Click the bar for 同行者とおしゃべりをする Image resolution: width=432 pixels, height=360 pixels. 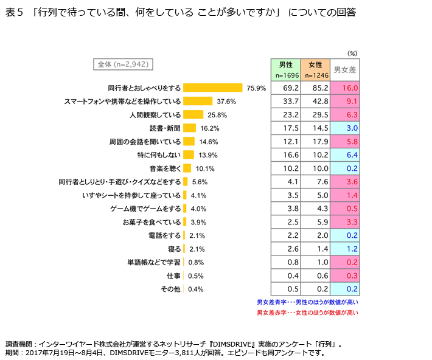[212, 88]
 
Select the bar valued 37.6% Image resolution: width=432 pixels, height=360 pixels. [198, 101]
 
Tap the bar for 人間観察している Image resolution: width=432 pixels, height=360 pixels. [193, 114]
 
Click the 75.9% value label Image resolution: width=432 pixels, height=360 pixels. [256, 88]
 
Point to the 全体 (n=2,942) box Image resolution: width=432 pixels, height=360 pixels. [124, 63]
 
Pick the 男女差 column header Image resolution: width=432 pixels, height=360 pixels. [344, 70]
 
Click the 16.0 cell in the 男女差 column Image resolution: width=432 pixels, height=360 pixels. [344, 88]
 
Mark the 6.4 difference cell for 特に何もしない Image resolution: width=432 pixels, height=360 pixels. [344, 155]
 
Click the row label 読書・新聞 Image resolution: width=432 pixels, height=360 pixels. [165, 128]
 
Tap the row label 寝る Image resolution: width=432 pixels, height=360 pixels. [173, 249]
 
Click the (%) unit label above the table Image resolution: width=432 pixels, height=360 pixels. [352, 53]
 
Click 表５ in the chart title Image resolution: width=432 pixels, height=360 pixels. [13, 13]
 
